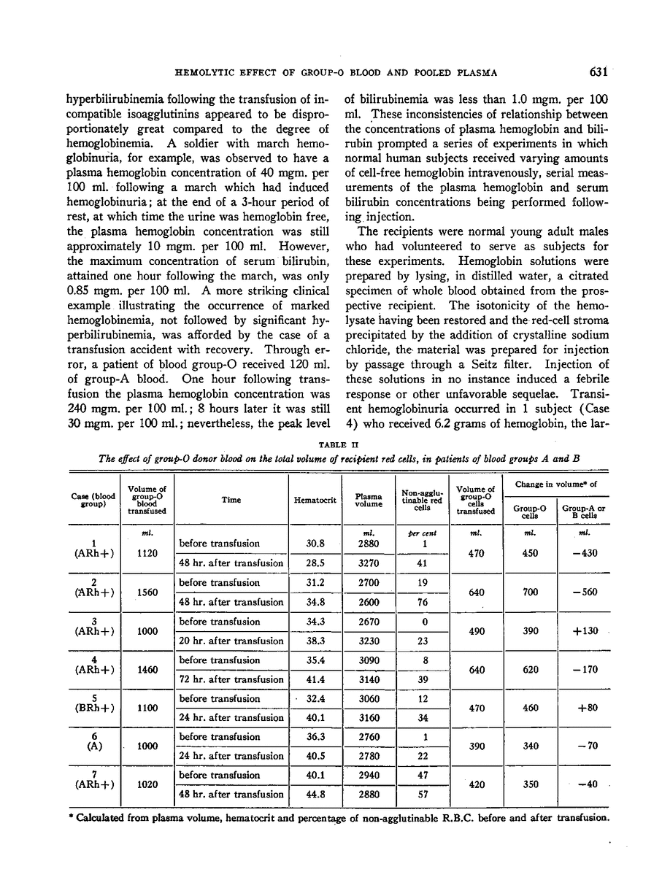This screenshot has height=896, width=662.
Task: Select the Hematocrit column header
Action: [314, 501]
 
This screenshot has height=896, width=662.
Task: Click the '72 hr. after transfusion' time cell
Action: [231, 679]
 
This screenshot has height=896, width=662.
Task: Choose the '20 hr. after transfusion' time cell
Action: [231, 641]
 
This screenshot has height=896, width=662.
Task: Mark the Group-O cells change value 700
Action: [530, 592]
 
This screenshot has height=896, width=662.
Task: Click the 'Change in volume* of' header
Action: [557, 483]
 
